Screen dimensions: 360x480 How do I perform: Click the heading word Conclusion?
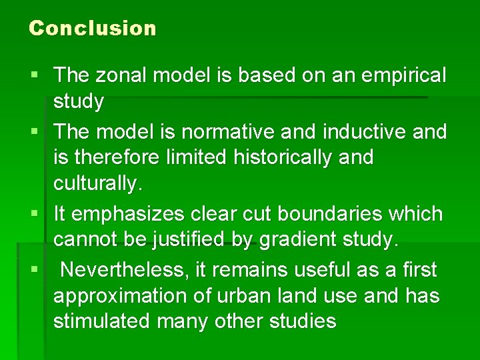coord(93,28)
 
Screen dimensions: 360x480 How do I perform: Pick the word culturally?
coord(98,185)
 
